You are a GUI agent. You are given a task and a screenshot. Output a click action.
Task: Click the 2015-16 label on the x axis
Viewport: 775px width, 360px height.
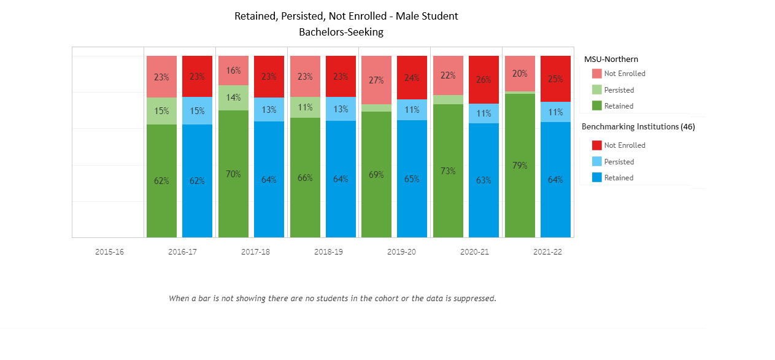click(x=109, y=252)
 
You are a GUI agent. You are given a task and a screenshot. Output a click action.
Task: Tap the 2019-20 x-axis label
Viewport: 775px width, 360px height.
click(x=402, y=252)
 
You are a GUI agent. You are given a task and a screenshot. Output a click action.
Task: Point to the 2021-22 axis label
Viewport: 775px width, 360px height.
click(x=547, y=252)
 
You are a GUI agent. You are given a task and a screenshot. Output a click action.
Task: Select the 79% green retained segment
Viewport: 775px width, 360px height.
click(x=520, y=165)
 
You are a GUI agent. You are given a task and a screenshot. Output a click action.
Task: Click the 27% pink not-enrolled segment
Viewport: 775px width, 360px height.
click(x=376, y=80)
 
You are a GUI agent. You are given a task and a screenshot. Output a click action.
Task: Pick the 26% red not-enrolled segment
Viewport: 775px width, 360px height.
click(x=484, y=80)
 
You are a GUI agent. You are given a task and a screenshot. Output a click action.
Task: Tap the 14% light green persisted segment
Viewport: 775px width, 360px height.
click(x=233, y=98)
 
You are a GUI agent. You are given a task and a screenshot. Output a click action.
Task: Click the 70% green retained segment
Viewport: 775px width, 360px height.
click(x=233, y=174)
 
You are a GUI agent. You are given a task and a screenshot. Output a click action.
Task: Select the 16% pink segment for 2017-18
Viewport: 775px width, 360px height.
click(x=233, y=71)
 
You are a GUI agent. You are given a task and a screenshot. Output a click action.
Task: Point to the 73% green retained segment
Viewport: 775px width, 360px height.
click(x=448, y=170)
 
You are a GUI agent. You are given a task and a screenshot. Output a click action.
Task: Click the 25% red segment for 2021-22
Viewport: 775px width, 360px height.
click(x=555, y=79)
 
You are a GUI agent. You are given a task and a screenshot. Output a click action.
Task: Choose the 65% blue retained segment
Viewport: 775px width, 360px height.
click(x=412, y=179)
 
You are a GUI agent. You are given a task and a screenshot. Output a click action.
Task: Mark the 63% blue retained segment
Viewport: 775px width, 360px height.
click(x=484, y=180)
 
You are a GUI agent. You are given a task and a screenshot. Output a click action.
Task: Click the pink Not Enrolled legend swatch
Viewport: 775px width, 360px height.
click(x=596, y=74)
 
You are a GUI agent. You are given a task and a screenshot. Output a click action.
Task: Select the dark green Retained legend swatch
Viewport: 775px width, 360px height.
click(x=596, y=106)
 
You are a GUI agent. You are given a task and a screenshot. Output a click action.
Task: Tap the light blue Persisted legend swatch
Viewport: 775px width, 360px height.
click(x=596, y=162)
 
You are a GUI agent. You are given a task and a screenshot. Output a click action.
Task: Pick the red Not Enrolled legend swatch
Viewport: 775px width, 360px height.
click(x=596, y=145)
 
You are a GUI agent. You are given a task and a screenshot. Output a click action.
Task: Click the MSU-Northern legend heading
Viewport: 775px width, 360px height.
click(x=611, y=59)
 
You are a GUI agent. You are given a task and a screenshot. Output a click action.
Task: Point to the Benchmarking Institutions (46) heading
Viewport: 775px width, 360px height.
click(x=638, y=127)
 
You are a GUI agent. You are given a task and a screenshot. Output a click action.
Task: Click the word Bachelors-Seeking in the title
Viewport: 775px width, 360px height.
click(x=341, y=33)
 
